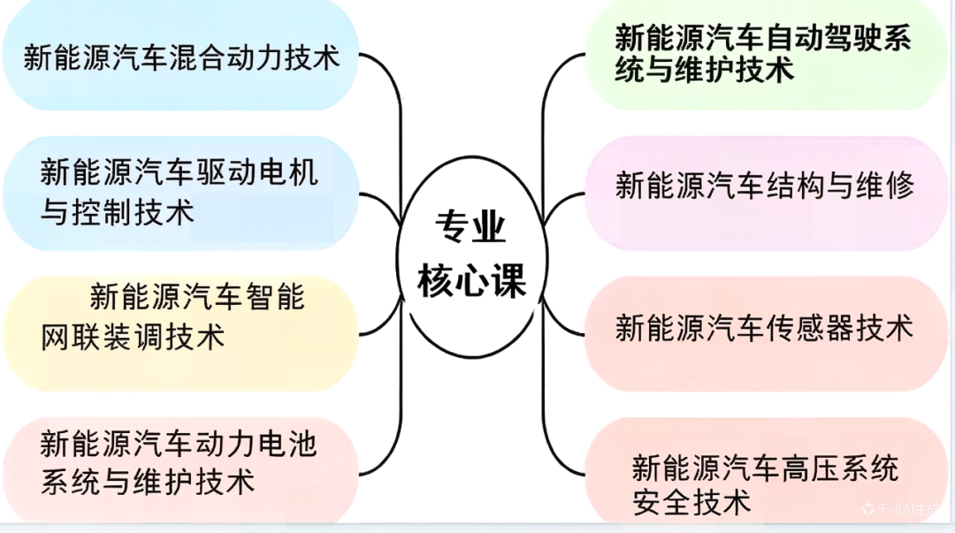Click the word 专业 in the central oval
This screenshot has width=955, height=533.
[470, 226]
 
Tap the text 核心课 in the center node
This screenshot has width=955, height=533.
[471, 280]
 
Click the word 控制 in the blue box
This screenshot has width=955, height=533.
[103, 212]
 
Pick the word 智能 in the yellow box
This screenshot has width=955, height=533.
[275, 297]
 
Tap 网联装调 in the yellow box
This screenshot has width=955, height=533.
[103, 337]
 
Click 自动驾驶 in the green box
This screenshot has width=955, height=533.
[822, 38]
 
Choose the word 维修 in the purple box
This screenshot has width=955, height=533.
[884, 185]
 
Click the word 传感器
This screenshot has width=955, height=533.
[809, 328]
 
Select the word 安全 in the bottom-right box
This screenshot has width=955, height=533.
[662, 503]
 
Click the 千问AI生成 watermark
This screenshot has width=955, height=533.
[900, 509]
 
